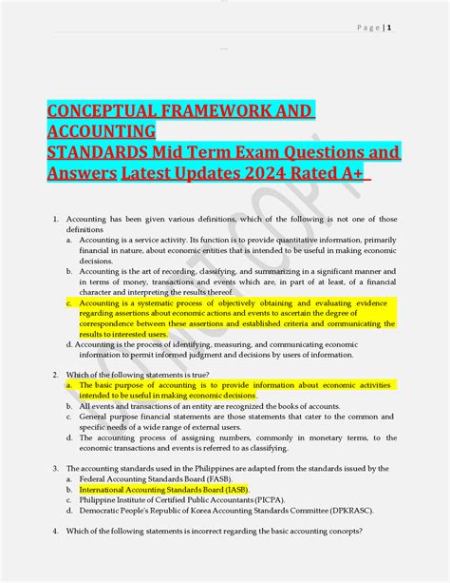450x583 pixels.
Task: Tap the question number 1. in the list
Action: click(x=56, y=220)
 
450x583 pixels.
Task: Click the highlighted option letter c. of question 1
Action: click(x=69, y=302)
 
